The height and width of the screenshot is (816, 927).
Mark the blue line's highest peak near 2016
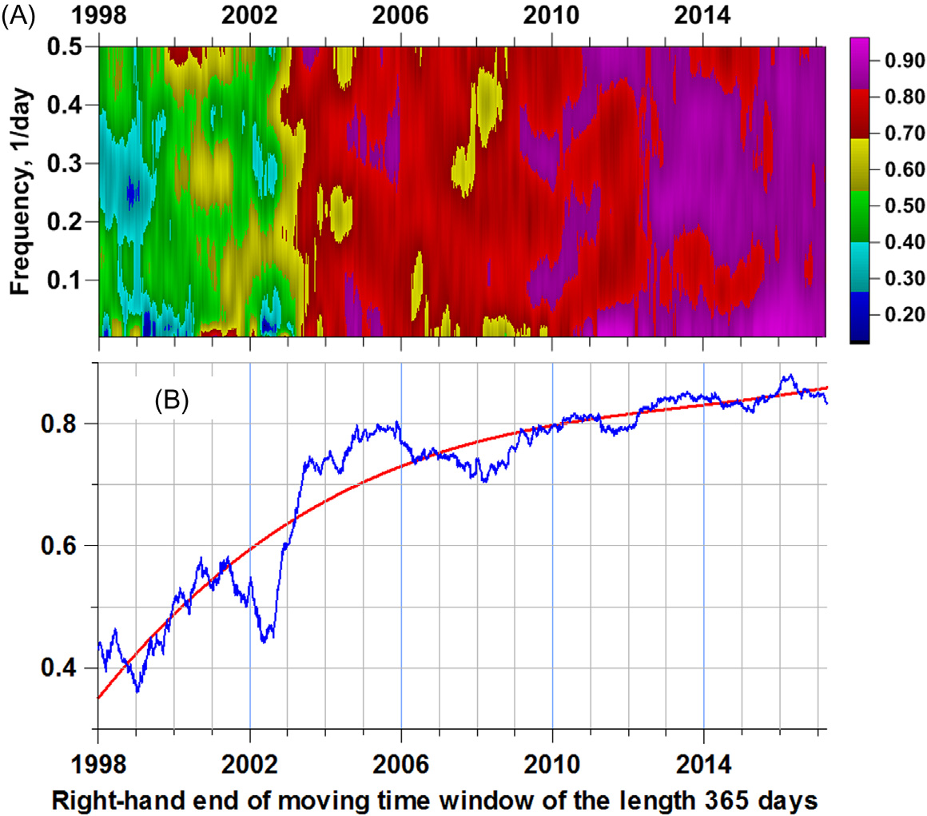(x=790, y=375)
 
